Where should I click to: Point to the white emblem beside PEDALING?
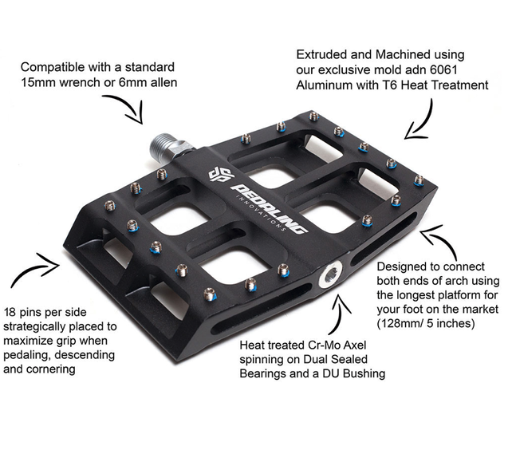(x=219, y=175)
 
